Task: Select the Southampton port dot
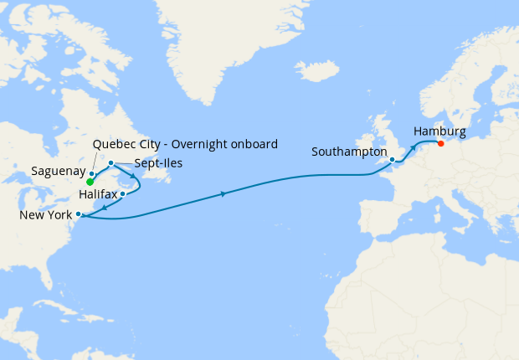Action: click(392, 159)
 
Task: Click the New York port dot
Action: click(78, 214)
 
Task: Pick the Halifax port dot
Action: click(123, 194)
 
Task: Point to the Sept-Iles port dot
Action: click(111, 163)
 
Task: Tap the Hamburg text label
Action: click(439, 131)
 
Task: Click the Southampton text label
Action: click(349, 152)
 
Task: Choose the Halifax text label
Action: click(98, 194)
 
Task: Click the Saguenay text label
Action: click(59, 171)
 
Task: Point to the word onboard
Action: click(253, 144)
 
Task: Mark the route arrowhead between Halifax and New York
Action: click(103, 206)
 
